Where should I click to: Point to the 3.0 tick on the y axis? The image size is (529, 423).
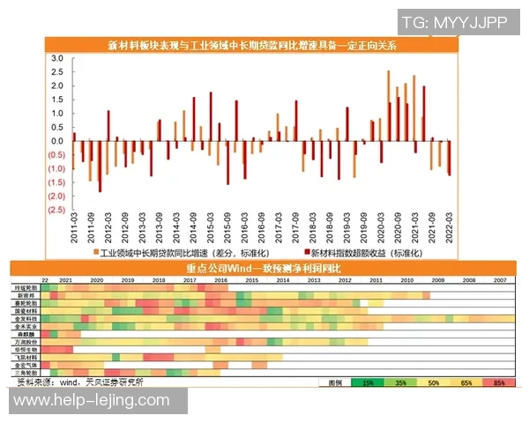point(56,58)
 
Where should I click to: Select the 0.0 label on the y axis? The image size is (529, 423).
point(56,141)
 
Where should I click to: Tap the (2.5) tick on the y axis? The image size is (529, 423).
point(55,210)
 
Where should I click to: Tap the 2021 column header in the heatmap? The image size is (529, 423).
point(65,279)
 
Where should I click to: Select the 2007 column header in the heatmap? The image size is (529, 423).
point(498,279)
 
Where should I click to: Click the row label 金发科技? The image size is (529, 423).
point(26,318)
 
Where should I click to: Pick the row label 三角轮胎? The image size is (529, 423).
point(26,373)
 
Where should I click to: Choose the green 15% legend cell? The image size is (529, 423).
point(365,383)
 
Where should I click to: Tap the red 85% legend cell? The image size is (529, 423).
point(499,383)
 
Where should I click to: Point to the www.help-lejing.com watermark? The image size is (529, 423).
point(92,401)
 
